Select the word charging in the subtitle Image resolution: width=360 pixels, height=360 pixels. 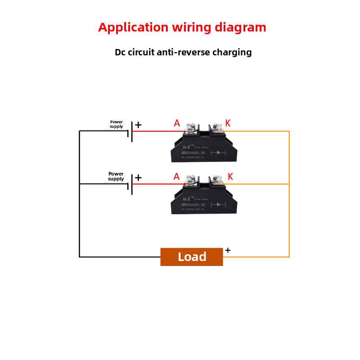click(x=232, y=52)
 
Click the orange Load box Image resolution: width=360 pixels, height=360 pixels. click(x=192, y=256)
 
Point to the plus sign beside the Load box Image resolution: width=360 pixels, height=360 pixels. click(x=228, y=250)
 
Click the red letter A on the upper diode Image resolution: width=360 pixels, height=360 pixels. click(x=177, y=123)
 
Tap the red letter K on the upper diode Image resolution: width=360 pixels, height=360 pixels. click(x=228, y=123)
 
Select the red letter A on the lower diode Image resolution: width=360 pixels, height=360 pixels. click(x=176, y=177)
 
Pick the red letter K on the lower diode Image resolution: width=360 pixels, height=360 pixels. click(x=230, y=177)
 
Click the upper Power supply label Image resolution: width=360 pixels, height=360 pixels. click(x=116, y=124)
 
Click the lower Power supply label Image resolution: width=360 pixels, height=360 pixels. click(x=116, y=176)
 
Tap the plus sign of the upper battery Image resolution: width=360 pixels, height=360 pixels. click(x=138, y=125)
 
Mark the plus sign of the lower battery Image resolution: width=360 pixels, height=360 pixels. click(x=138, y=178)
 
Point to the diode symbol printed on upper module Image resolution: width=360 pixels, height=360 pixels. click(x=218, y=153)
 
